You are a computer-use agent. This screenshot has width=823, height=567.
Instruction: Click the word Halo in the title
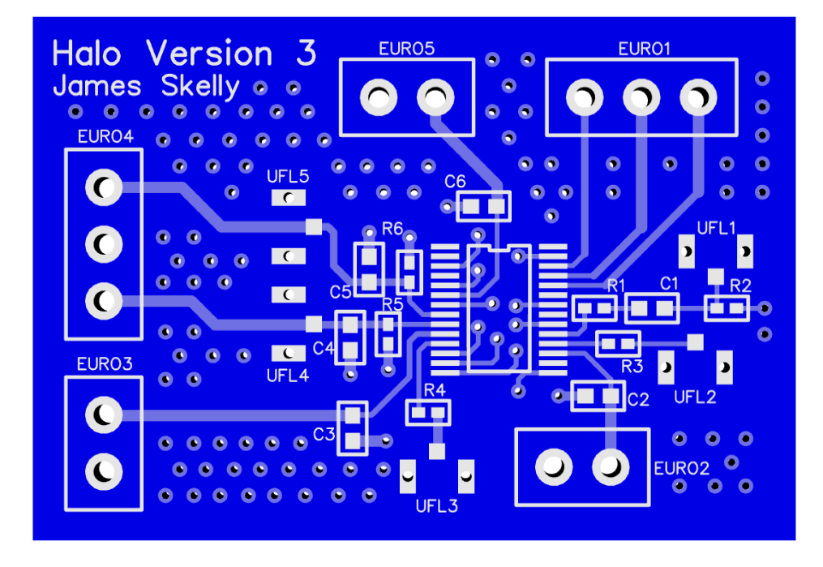point(87,54)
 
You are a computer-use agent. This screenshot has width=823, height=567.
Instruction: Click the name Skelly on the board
point(200,86)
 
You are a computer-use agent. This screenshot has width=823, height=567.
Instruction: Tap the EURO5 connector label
point(406,48)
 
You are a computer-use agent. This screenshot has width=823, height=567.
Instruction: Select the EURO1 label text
point(644,49)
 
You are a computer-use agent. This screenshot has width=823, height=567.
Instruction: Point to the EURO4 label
point(105,136)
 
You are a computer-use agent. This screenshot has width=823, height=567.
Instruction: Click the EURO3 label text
point(105,363)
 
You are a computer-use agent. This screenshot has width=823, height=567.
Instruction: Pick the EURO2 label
point(682,468)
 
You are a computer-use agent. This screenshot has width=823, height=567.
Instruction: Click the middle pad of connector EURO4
point(104,243)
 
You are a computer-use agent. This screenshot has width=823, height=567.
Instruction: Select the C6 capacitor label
point(455,181)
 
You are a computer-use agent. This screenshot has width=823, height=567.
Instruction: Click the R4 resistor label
point(435,389)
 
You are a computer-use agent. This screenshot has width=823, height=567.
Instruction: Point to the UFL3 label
point(437,507)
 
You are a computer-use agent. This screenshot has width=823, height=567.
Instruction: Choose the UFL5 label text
point(288,176)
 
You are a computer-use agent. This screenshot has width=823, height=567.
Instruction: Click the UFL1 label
point(716,228)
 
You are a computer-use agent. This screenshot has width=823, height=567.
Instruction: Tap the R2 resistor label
point(740,285)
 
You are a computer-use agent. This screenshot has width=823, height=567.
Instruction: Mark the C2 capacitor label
point(638,399)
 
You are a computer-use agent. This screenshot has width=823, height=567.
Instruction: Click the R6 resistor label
point(392,228)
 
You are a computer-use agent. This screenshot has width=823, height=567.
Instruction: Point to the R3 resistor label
point(632,366)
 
